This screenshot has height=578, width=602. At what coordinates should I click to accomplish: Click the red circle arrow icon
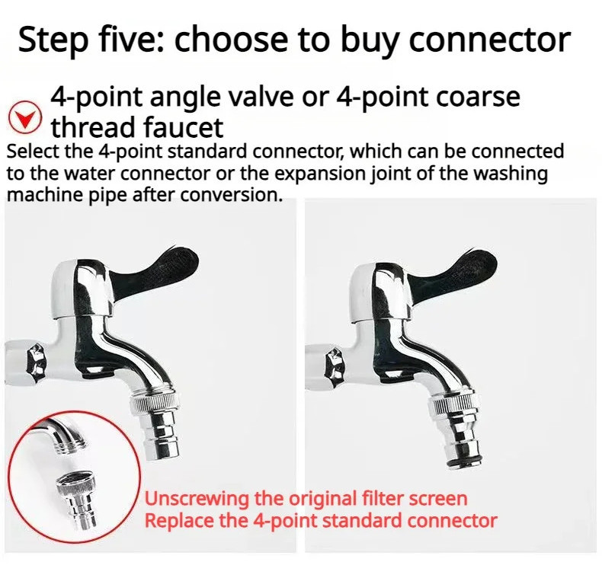(x=28, y=118)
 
